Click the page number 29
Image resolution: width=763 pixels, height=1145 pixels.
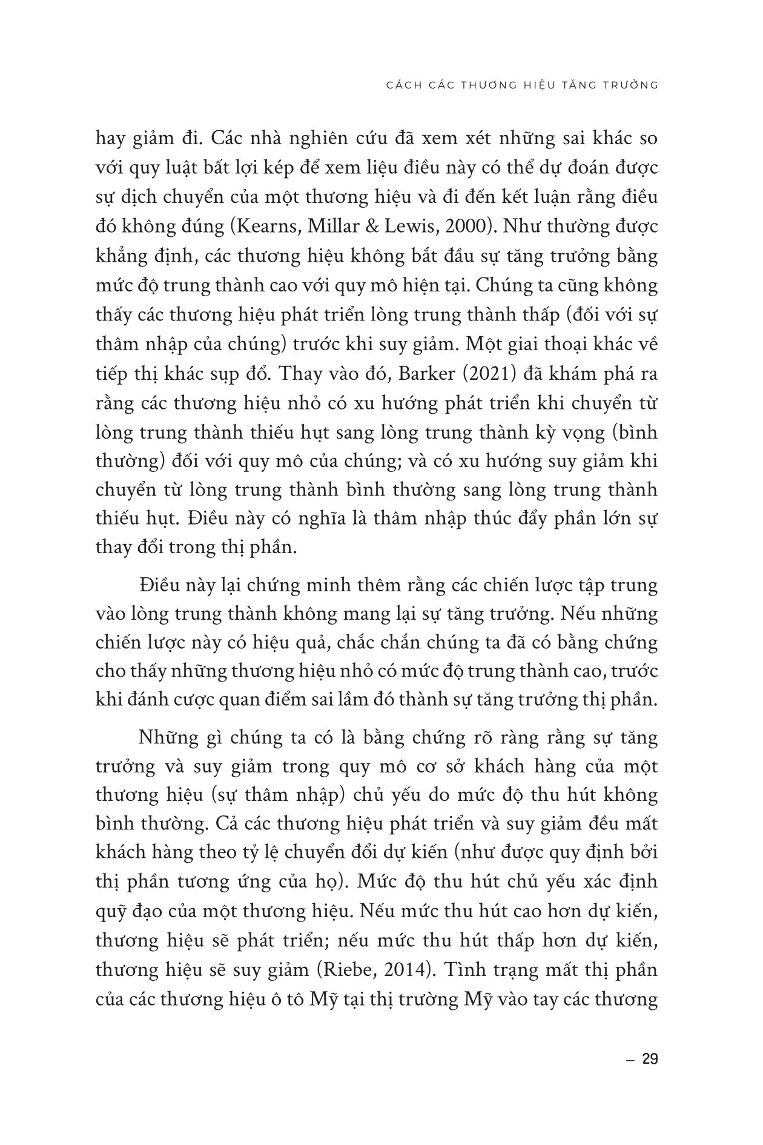(x=649, y=1060)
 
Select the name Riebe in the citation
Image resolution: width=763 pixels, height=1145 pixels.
(x=345, y=969)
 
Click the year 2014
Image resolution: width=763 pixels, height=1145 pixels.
(x=395, y=969)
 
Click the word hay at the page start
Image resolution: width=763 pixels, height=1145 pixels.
(x=111, y=138)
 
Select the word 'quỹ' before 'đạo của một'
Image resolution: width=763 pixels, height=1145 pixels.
(x=109, y=911)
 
